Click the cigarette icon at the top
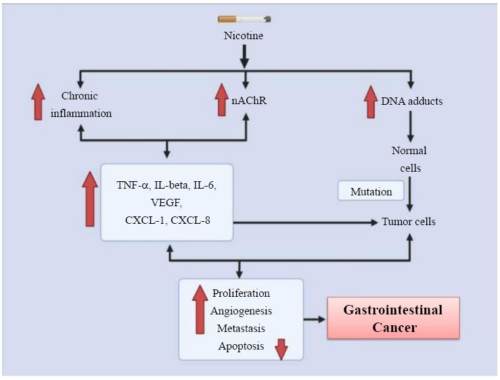244,20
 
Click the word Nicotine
244,35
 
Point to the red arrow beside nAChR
221,99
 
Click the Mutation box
371,191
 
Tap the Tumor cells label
409,222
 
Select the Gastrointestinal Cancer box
393,318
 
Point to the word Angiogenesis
241,311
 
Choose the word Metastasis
241,329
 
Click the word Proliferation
241,293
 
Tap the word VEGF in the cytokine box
166,202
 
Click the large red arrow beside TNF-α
89,199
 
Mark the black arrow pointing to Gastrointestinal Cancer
314,318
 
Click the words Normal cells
409,159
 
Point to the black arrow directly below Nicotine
244,53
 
